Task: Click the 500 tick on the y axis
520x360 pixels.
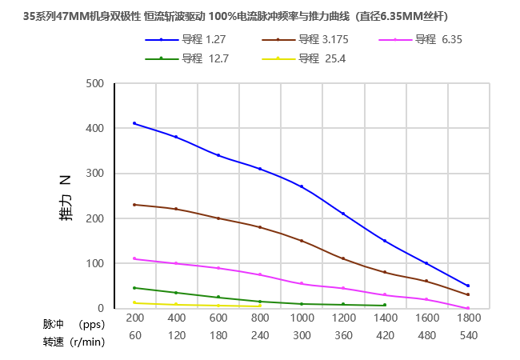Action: pos(94,83)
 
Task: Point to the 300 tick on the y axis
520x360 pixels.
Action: pos(94,174)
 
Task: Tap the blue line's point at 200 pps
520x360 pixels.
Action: pos(134,123)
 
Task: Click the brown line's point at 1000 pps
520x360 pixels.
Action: pos(302,241)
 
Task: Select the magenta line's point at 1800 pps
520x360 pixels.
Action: pos(468,308)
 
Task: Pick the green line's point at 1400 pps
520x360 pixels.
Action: pos(385,305)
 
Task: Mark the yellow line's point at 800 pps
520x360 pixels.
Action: pos(259,306)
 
